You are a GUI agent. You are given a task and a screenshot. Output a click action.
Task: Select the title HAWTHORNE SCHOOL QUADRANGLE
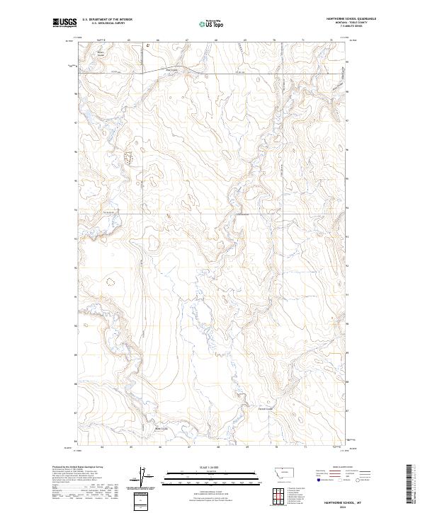click(x=351, y=19)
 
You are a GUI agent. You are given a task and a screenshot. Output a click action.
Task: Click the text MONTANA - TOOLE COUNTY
click(x=351, y=23)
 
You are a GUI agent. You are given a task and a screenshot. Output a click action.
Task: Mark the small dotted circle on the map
click(x=110, y=281)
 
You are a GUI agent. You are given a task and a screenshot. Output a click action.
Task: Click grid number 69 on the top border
click(x=244, y=40)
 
